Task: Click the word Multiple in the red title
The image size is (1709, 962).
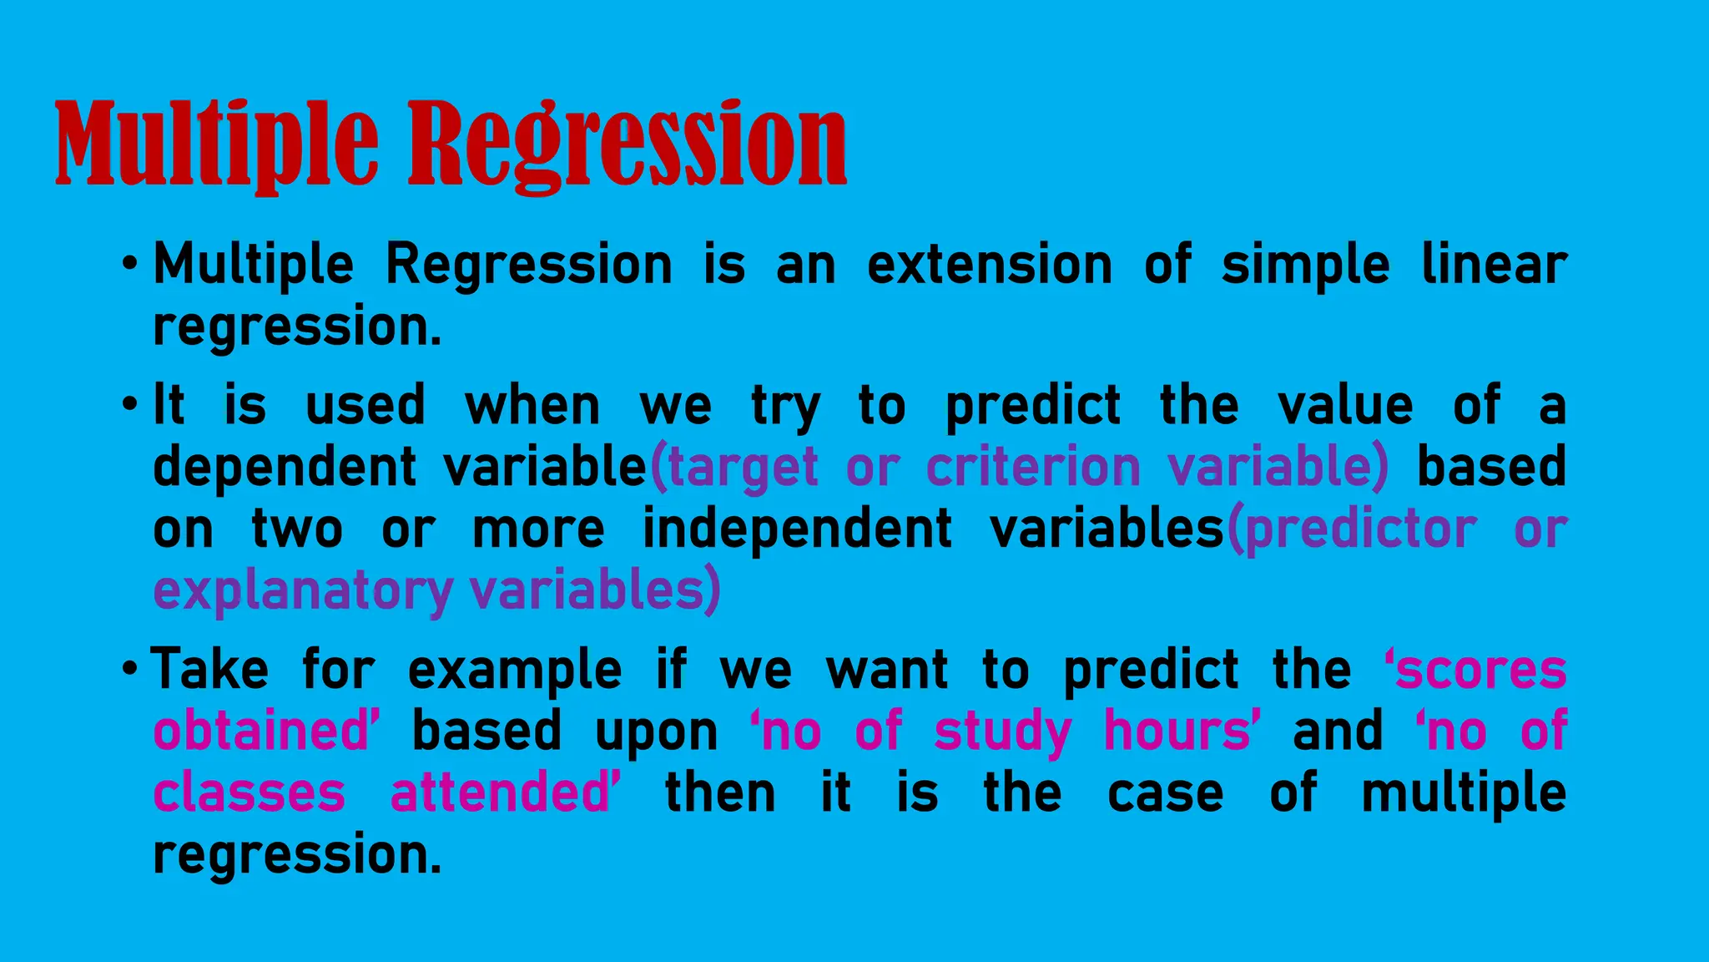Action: (x=215, y=144)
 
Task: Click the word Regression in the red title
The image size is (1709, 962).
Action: (x=628, y=144)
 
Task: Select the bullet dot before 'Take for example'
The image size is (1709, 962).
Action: (x=129, y=669)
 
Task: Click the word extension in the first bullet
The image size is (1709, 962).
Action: (x=989, y=265)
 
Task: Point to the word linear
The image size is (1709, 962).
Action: (x=1493, y=265)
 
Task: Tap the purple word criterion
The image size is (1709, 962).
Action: (x=1033, y=466)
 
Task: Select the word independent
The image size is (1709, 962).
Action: (x=797, y=529)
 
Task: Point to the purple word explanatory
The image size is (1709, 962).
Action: (x=303, y=591)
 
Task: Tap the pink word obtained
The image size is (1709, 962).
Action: (x=261, y=731)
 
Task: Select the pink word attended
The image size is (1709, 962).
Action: (x=501, y=792)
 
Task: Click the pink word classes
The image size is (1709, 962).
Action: (x=249, y=792)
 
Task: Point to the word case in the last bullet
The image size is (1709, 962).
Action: (x=1165, y=792)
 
